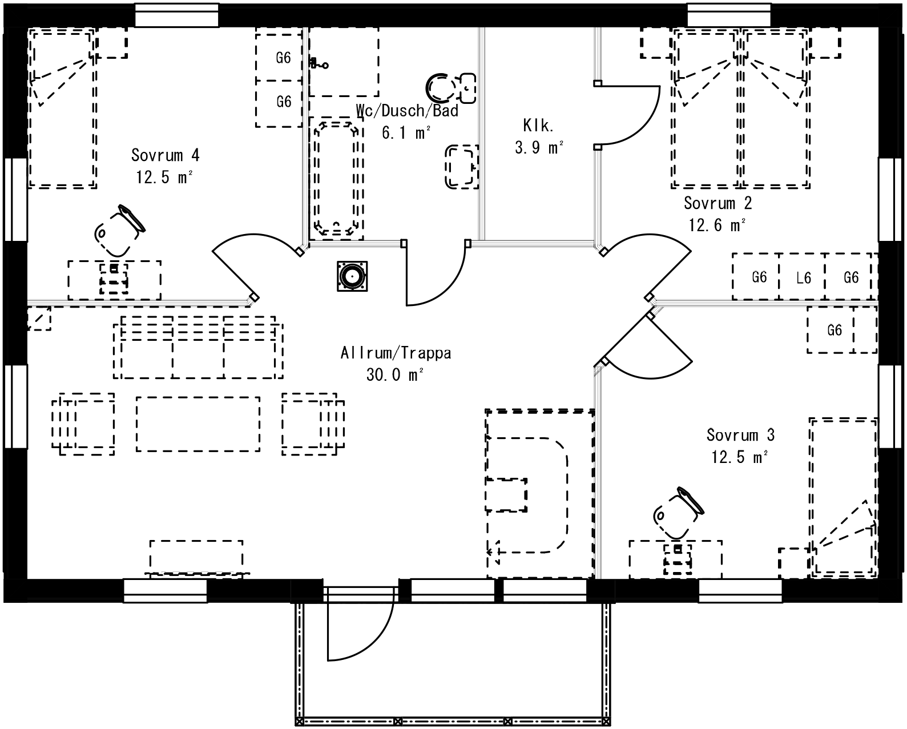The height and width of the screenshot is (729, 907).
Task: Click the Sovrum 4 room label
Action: tap(165, 155)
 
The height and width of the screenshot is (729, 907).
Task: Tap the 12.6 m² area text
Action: tap(717, 225)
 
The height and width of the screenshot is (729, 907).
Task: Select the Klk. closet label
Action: tap(538, 125)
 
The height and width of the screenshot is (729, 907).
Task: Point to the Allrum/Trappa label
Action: tap(396, 353)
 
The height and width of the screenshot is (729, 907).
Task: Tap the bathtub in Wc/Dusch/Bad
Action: tap(337, 178)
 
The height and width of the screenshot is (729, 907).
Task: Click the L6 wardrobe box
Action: tap(803, 277)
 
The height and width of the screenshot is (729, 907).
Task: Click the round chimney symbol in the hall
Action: tap(352, 276)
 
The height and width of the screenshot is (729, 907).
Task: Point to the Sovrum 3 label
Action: tap(740, 435)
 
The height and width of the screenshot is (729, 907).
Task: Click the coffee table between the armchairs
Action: tap(197, 424)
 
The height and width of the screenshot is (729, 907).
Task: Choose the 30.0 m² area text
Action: tap(396, 375)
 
